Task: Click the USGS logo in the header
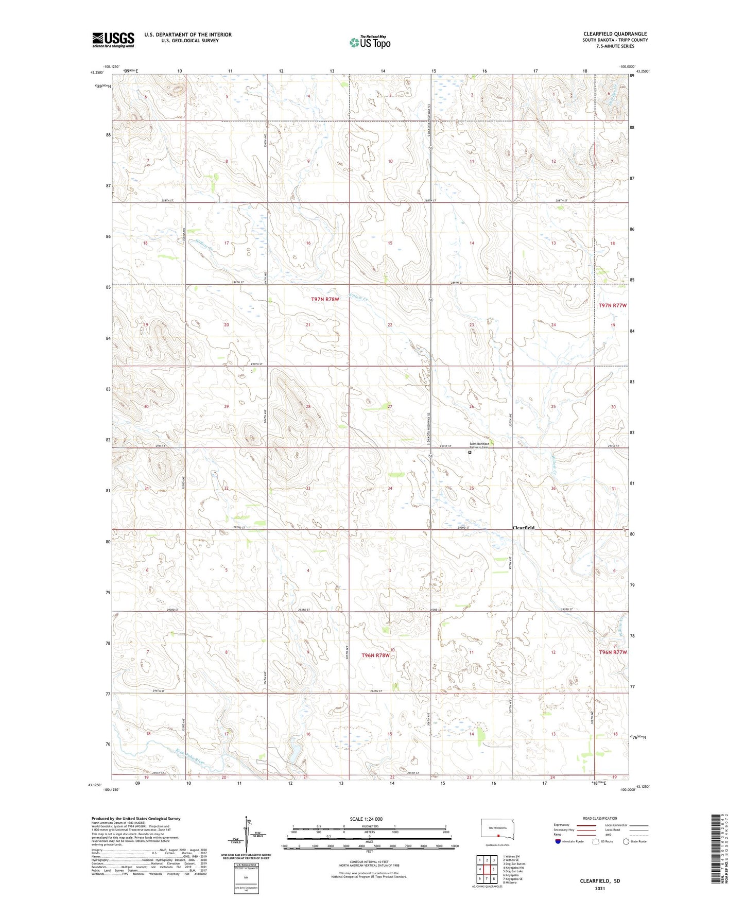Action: pyautogui.click(x=113, y=40)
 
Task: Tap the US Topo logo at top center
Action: pyautogui.click(x=369, y=42)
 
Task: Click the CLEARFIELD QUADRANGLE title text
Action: pyautogui.click(x=615, y=33)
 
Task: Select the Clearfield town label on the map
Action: pyautogui.click(x=523, y=528)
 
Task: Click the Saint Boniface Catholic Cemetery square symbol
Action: pyautogui.click(x=470, y=453)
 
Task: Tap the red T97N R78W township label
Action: pyautogui.click(x=325, y=299)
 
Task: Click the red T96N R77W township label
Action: pyautogui.click(x=613, y=652)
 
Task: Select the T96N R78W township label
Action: pyautogui.click(x=375, y=655)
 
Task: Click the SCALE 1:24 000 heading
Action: pyautogui.click(x=366, y=819)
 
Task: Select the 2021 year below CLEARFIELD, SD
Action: pyautogui.click(x=599, y=889)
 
